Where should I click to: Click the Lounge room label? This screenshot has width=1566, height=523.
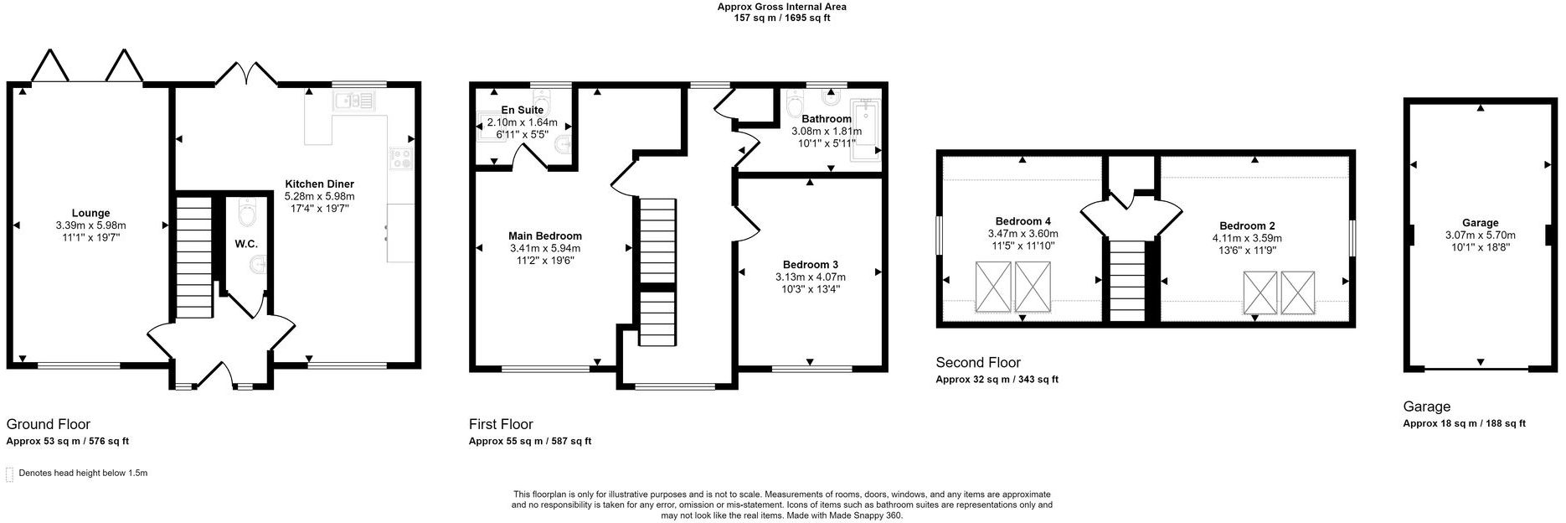click(90, 213)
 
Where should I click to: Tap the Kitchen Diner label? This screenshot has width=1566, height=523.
click(319, 184)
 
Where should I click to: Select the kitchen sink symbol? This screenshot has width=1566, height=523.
click(354, 101)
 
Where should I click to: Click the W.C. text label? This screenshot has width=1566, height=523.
click(246, 244)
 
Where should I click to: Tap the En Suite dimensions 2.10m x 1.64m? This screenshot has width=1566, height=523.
click(522, 122)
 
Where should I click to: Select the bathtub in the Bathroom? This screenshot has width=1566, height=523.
click(865, 130)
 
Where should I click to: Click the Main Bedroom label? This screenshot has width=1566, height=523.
click(545, 236)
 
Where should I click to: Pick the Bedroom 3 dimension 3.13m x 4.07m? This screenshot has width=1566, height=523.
click(810, 277)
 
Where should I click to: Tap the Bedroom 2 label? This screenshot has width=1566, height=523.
click(1247, 225)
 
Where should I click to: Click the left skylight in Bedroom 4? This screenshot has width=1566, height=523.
click(992, 287)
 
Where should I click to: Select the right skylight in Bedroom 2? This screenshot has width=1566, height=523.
click(1298, 292)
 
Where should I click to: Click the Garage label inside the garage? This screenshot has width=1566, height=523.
click(1480, 222)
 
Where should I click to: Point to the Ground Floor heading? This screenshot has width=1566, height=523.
click(49, 424)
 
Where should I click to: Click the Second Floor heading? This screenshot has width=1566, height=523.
click(978, 362)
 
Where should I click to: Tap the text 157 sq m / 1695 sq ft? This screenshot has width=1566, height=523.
click(781, 18)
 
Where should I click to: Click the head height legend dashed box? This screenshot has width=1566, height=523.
click(10, 474)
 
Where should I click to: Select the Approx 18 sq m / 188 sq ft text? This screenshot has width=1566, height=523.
click(1464, 423)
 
